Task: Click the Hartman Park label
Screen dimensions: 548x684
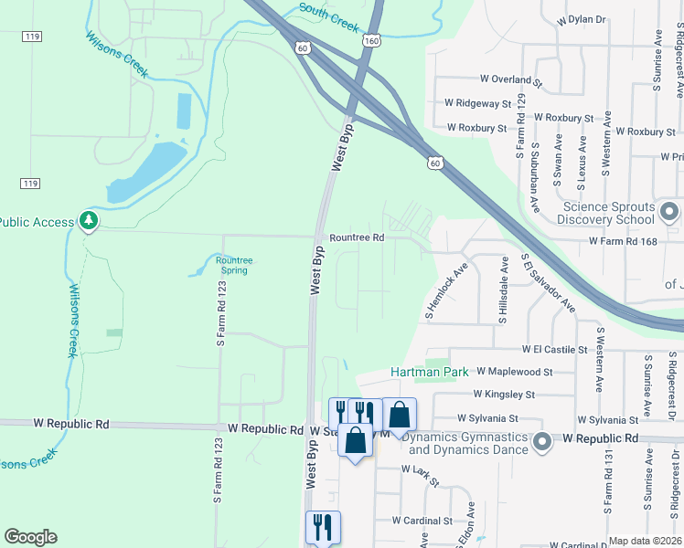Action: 429,372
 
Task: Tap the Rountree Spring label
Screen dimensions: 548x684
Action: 234,265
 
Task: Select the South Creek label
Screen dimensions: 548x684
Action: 329,17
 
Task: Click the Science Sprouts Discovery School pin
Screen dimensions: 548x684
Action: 669,214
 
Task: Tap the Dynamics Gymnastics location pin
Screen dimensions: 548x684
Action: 541,442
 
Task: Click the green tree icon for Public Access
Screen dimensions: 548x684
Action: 89,221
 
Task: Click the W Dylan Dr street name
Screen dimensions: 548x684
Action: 574,18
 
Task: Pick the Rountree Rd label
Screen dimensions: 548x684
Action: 357,237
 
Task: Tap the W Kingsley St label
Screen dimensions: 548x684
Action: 504,395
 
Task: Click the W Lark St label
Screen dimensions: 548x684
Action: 421,469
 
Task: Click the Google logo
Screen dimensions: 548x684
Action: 30,537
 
